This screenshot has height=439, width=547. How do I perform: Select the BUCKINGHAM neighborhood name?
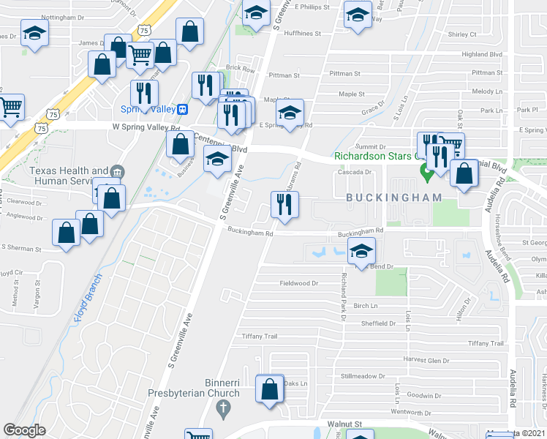click(394, 198)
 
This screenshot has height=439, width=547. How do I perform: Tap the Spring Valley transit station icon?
click(183, 109)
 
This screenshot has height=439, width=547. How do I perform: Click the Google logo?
click(24, 430)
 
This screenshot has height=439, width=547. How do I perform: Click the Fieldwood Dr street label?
click(299, 283)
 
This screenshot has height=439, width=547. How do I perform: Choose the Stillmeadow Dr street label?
click(363, 376)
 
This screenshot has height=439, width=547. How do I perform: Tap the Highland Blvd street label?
click(480, 54)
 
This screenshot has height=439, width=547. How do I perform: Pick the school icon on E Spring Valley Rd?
click(290, 113)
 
